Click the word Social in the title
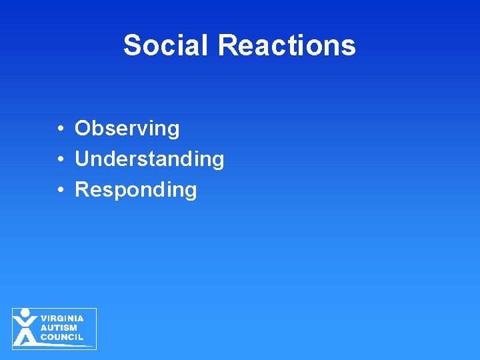tap(167, 45)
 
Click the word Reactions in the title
tap(287, 45)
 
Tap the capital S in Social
tap(132, 45)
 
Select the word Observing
tap(127, 128)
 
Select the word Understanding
tap(149, 159)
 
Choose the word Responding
tap(136, 189)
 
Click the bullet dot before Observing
tap(60, 129)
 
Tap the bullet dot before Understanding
tap(60, 159)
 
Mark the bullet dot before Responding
tap(60, 190)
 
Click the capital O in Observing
tap(83, 128)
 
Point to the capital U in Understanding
tap(82, 159)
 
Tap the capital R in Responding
tap(82, 189)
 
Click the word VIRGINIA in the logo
tap(62, 319)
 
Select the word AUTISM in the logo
tap(59, 328)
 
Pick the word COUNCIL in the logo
tap(62, 337)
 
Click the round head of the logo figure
tap(25, 313)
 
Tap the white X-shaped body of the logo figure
tap(25, 330)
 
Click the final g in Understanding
tap(217, 161)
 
